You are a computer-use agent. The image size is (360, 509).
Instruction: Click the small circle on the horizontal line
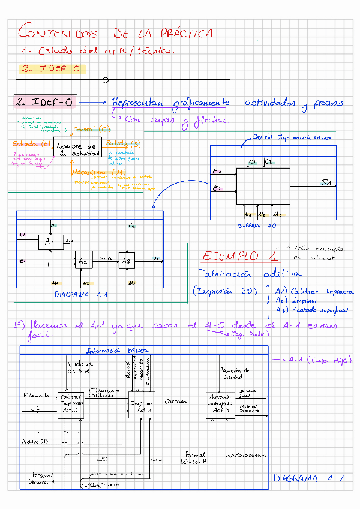[106, 80]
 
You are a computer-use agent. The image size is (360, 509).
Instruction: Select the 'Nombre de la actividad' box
[76, 149]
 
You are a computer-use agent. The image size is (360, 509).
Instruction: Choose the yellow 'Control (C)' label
[92, 129]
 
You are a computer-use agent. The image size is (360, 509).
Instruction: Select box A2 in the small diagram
[83, 261]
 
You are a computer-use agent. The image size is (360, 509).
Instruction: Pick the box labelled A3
[126, 261]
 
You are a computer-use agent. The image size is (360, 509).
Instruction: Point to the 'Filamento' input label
[37, 396]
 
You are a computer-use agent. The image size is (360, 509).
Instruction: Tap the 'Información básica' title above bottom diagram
[118, 351]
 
